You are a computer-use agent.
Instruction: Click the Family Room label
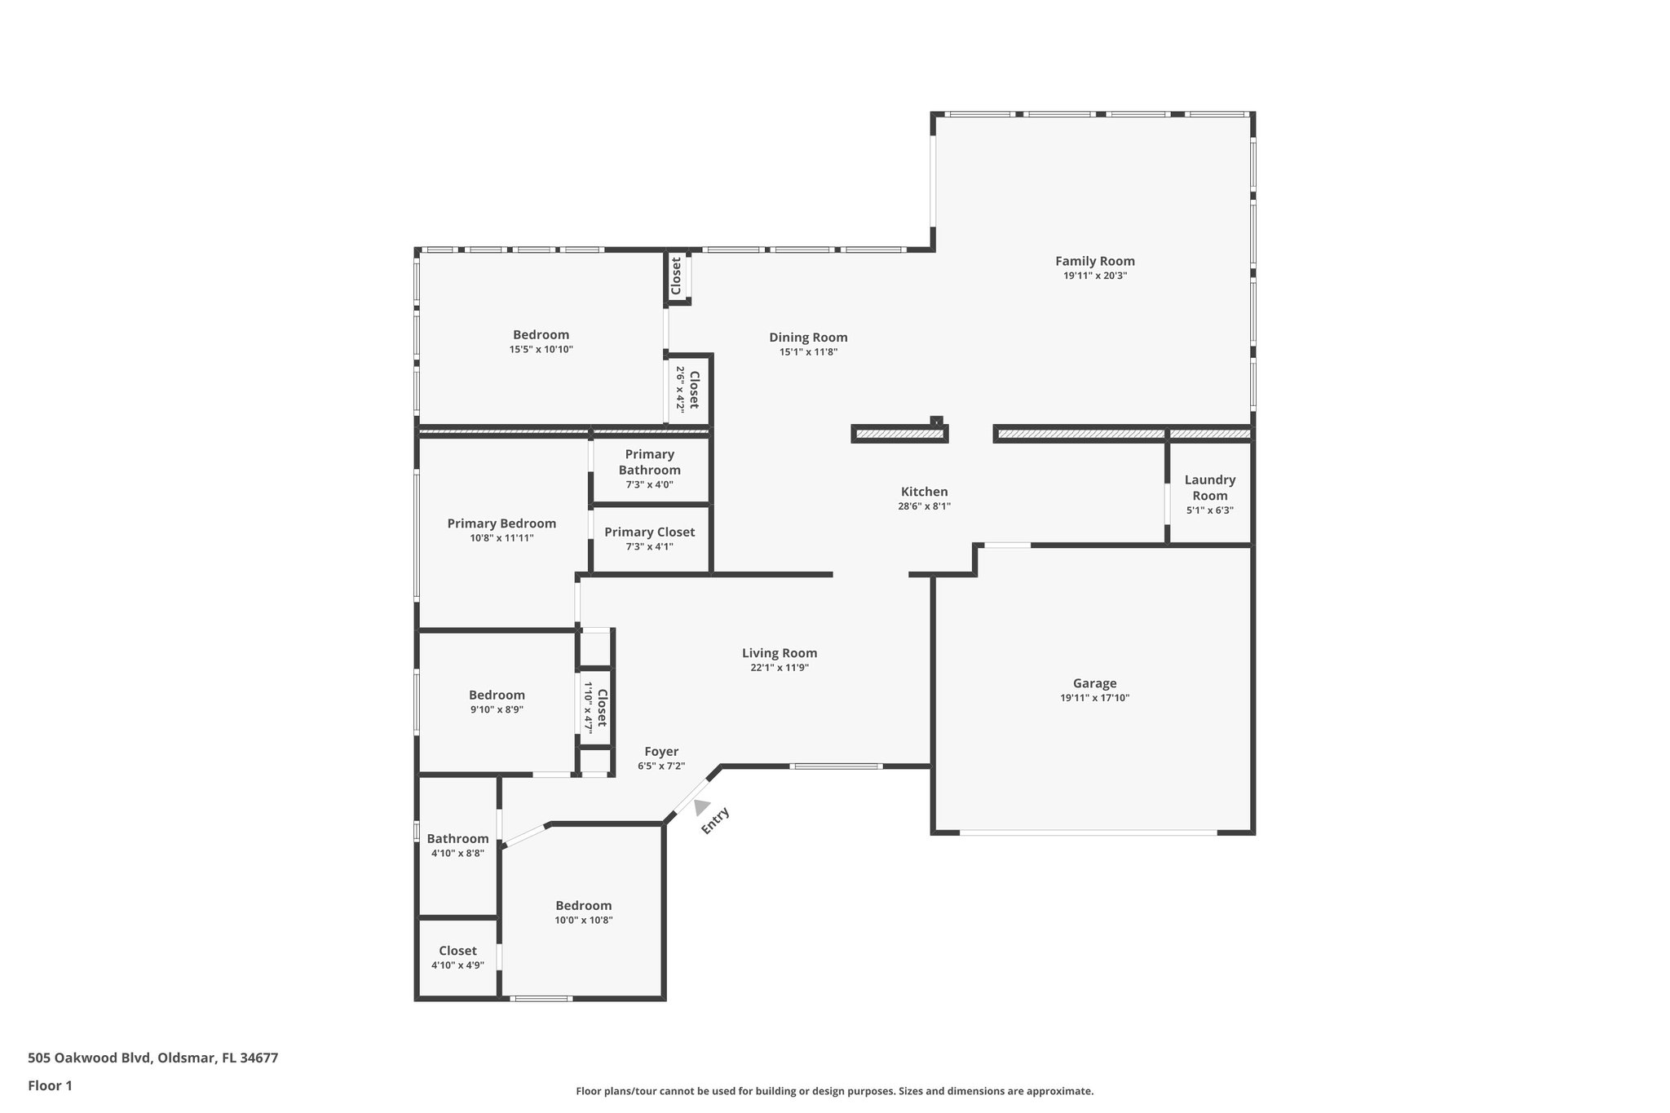(1095, 261)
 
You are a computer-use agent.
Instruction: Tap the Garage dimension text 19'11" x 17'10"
(1095, 698)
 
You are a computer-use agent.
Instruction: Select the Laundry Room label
(1210, 488)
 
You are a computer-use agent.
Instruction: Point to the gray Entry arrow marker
(701, 806)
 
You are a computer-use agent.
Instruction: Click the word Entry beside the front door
(715, 820)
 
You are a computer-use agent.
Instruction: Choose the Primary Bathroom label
(650, 462)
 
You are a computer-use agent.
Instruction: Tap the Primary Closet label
(650, 532)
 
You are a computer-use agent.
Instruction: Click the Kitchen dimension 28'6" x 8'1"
(925, 506)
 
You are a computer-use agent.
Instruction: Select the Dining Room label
(809, 338)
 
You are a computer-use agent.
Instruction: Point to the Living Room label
(780, 652)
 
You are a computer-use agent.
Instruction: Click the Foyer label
(661, 752)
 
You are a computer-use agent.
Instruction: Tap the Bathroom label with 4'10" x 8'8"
(457, 838)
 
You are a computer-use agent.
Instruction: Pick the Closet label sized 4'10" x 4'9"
(457, 951)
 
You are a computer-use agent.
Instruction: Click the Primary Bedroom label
(501, 523)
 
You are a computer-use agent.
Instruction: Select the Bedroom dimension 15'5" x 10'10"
(541, 349)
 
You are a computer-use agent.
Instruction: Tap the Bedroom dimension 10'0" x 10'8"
(584, 920)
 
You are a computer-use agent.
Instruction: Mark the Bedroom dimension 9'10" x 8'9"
(497, 709)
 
